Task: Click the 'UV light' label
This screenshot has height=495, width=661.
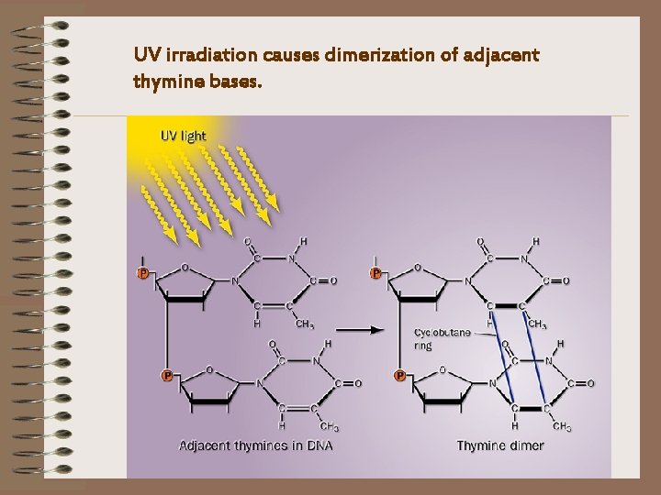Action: [184, 136]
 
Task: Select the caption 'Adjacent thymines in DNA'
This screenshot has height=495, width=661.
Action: [255, 445]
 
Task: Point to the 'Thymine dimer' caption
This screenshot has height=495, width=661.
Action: [500, 445]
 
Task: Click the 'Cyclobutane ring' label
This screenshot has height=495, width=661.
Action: [435, 339]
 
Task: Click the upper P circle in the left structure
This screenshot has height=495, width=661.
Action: [143, 273]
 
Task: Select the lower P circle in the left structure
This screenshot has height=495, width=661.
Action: [167, 375]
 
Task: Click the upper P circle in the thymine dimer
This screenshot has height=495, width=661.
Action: [375, 273]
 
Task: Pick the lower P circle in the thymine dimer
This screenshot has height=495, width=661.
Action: [400, 375]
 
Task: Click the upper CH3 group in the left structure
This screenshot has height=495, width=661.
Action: [304, 324]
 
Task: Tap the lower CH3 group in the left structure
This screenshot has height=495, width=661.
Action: [329, 426]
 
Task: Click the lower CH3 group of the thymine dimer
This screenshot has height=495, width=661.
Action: [562, 426]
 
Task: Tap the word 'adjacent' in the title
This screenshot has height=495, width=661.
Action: [504, 56]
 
